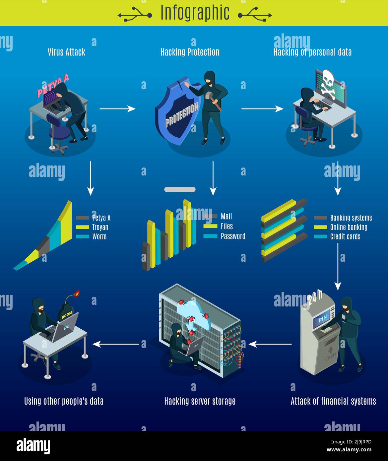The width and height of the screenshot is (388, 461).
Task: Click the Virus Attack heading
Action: pyautogui.click(x=66, y=52)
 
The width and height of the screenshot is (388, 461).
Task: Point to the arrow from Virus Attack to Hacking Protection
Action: pyautogui.click(x=117, y=108)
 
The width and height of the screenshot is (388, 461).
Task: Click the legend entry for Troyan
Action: pyautogui.click(x=100, y=227)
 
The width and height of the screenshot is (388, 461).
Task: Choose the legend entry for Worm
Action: pyautogui.click(x=99, y=236)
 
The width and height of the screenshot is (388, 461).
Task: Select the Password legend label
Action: pyautogui.click(x=233, y=236)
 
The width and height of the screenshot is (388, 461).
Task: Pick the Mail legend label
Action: pyautogui.click(x=226, y=217)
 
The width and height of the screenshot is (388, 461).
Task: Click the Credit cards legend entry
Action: pyautogui.click(x=345, y=236)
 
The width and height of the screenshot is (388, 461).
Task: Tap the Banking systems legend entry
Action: pyautogui.click(x=351, y=218)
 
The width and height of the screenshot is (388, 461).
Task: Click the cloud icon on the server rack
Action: pyautogui.click(x=192, y=308)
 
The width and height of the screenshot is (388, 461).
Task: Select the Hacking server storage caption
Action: pyautogui.click(x=200, y=401)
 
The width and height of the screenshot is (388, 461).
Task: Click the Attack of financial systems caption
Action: pyautogui.click(x=333, y=401)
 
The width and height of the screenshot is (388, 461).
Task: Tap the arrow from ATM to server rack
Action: pyautogui.click(x=270, y=344)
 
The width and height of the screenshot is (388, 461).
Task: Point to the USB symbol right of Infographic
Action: pyautogui.click(x=255, y=15)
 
